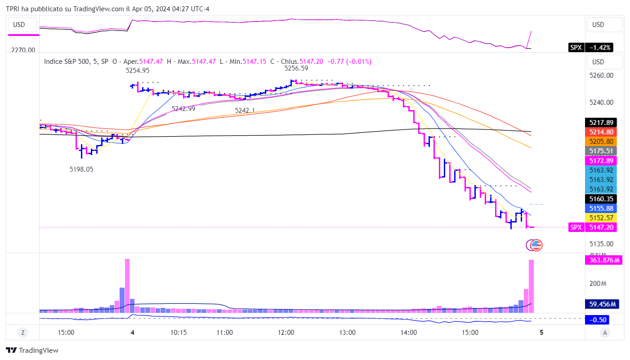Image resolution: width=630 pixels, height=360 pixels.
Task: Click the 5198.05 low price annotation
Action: pyautogui.click(x=81, y=169)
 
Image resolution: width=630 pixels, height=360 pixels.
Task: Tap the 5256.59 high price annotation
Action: pyautogui.click(x=296, y=68)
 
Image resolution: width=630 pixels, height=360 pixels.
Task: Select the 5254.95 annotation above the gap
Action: pyautogui.click(x=138, y=71)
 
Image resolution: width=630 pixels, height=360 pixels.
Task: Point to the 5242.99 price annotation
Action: pyautogui.click(x=183, y=108)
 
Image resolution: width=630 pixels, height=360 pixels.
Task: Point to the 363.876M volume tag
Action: pyautogui.click(x=603, y=260)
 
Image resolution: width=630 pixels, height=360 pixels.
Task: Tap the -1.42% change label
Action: pyautogui.click(x=600, y=48)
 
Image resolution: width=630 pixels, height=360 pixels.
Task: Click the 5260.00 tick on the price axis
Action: pyautogui.click(x=601, y=75)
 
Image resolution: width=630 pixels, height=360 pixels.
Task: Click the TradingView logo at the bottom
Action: pyautogui.click(x=32, y=351)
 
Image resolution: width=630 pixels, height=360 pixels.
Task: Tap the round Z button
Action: pyautogui.click(x=22, y=333)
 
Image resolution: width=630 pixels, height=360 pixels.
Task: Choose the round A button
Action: pyautogui.click(x=605, y=333)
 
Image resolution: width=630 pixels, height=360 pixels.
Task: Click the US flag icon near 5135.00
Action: pyautogui.click(x=536, y=245)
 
